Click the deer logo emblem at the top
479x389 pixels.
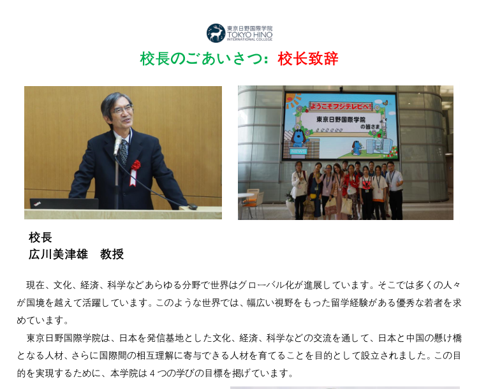[216, 33]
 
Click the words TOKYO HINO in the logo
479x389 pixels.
[249, 35]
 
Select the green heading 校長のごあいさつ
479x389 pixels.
[202, 59]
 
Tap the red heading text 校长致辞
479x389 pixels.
[308, 59]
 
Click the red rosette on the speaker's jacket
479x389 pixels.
[135, 165]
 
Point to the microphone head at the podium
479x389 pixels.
[117, 146]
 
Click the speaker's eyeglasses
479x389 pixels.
[124, 110]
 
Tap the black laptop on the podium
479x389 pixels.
[64, 203]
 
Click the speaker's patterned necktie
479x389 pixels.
[124, 151]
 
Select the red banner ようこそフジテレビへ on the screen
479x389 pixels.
[341, 106]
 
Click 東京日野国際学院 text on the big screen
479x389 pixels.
[341, 119]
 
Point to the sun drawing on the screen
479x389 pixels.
[293, 100]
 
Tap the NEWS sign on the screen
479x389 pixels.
[298, 151]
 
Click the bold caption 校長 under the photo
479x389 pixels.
[40, 237]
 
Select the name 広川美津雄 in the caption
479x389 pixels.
[58, 254]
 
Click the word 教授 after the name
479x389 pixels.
[112, 254]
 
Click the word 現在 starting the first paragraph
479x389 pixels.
[36, 285]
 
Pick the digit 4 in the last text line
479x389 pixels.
[152, 373]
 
